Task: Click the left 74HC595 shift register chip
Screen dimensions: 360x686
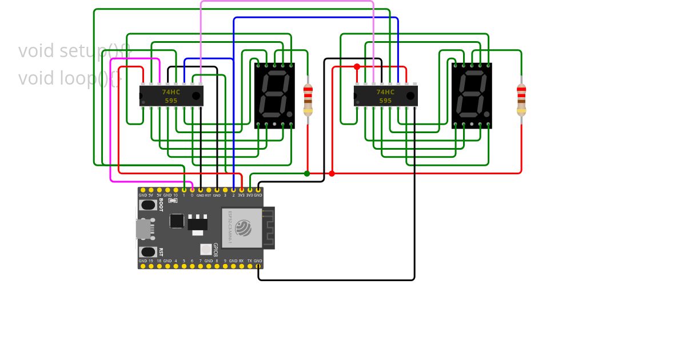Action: [x=171, y=95]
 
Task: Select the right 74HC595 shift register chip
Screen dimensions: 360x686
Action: [x=385, y=95]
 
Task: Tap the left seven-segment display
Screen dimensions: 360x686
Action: [x=274, y=95]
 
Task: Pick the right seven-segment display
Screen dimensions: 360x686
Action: [x=472, y=95]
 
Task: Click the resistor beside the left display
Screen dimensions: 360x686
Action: [x=308, y=99]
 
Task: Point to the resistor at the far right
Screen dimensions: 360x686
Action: [x=521, y=99]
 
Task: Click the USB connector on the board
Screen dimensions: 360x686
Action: [x=143, y=229]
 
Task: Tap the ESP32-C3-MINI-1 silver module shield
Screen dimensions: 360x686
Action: [x=242, y=227]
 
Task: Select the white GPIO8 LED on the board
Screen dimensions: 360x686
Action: [x=206, y=249]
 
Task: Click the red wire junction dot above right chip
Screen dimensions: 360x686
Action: [x=357, y=67]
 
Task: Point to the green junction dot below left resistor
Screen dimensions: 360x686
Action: [x=307, y=173]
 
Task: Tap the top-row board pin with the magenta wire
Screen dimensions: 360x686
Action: [x=192, y=190]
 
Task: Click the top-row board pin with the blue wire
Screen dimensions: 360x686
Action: [x=233, y=190]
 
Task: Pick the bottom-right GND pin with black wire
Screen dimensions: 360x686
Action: [x=258, y=266]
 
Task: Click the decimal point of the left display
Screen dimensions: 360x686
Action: [x=289, y=114]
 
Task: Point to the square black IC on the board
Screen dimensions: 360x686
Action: [x=177, y=221]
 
